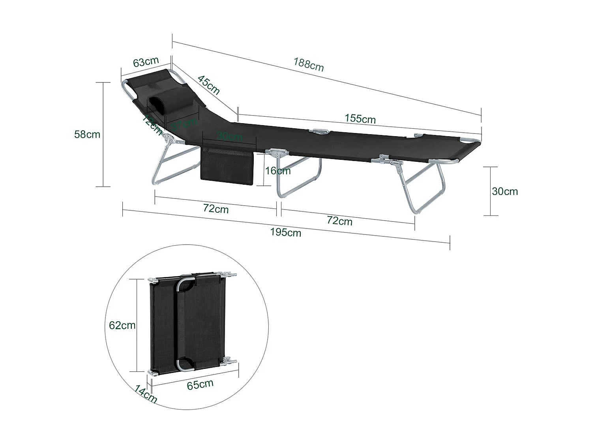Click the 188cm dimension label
(308, 64)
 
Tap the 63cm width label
(146, 62)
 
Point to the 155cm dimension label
(360, 118)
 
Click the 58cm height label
(87, 134)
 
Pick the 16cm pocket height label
(278, 170)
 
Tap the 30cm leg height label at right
(505, 191)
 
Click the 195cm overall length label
(285, 232)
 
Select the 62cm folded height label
(122, 325)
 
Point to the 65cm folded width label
(200, 384)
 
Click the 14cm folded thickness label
(145, 394)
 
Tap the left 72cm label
(215, 208)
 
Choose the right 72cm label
(339, 221)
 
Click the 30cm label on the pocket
(229, 137)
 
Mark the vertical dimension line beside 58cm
(103, 134)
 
